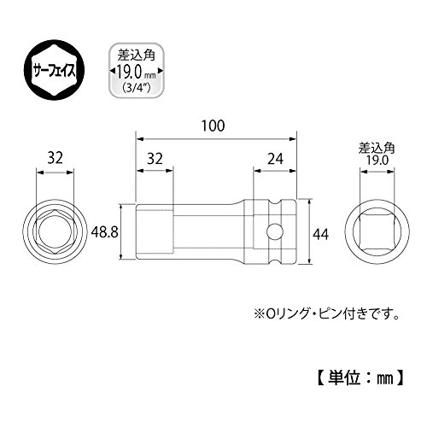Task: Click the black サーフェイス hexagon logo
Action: [x=55, y=70]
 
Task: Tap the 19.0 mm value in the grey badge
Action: [x=136, y=73]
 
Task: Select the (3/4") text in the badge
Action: [x=136, y=88]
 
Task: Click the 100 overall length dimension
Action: [x=213, y=126]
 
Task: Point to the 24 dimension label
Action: [x=275, y=159]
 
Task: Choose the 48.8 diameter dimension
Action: [x=104, y=232]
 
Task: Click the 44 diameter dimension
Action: [x=321, y=235]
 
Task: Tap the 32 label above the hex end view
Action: [x=55, y=158]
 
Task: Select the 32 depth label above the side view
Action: [x=155, y=159]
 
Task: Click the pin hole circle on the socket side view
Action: [x=275, y=231]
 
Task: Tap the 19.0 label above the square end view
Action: [x=377, y=161]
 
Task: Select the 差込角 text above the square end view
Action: [x=377, y=149]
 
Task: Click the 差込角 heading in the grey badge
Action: [x=136, y=55]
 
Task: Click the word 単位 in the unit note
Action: [x=344, y=378]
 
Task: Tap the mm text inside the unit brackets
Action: [x=385, y=379]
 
